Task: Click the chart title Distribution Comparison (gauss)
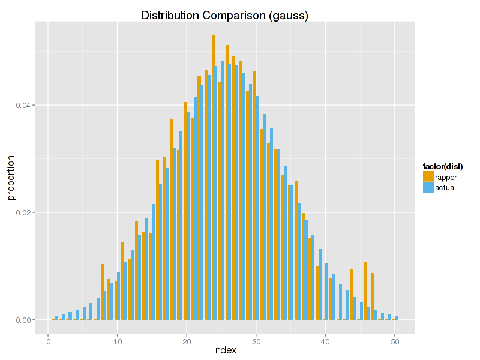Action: (224, 16)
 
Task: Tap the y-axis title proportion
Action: (11, 178)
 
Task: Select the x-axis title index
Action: (224, 350)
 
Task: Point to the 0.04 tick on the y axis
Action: (22, 106)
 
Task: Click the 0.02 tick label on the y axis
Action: (22, 213)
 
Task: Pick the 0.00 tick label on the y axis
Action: (22, 320)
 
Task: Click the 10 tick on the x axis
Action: (118, 340)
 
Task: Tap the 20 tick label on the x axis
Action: (187, 340)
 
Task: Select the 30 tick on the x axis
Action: (256, 340)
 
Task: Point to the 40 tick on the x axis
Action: (325, 340)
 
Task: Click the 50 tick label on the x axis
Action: (395, 340)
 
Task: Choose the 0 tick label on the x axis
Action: (48, 340)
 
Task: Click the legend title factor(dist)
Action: (442, 166)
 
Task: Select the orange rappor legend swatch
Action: (428, 176)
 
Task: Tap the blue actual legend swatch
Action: (428, 187)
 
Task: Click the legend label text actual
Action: (445, 187)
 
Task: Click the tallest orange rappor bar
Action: (213, 180)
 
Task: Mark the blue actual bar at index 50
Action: (397, 317)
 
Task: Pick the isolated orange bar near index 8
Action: (102, 292)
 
